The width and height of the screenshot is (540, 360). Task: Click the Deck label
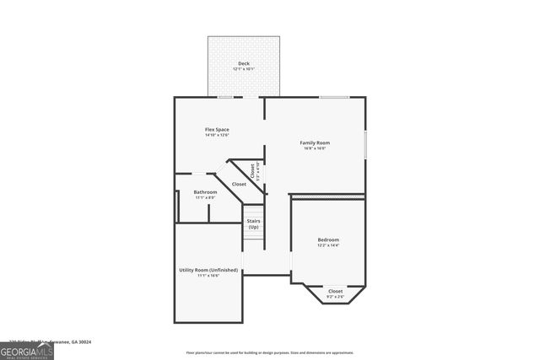(243, 63)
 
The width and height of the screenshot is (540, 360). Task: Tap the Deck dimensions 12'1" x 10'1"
(243, 69)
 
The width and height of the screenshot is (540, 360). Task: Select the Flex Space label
(217, 129)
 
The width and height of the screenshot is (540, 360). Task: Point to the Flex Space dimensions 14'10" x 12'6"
(217, 135)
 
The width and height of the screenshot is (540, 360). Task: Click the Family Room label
(314, 142)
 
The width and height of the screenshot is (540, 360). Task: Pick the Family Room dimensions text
(314, 148)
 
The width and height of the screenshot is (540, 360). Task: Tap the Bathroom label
(205, 191)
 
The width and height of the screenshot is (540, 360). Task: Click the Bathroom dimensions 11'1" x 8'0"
(205, 197)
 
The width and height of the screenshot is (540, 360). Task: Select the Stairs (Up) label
(253, 223)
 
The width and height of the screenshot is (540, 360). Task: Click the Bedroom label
(328, 239)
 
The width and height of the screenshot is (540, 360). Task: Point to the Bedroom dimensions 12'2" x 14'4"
(328, 245)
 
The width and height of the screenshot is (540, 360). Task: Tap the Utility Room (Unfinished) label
(208, 270)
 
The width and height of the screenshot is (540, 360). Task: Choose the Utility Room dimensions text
(208, 276)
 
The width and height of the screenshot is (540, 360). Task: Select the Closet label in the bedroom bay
(335, 290)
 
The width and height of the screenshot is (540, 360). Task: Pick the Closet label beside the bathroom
(239, 184)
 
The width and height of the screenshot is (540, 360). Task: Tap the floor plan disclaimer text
(270, 352)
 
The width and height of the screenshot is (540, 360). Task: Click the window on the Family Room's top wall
(334, 98)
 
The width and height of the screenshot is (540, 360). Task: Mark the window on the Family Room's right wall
(365, 143)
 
